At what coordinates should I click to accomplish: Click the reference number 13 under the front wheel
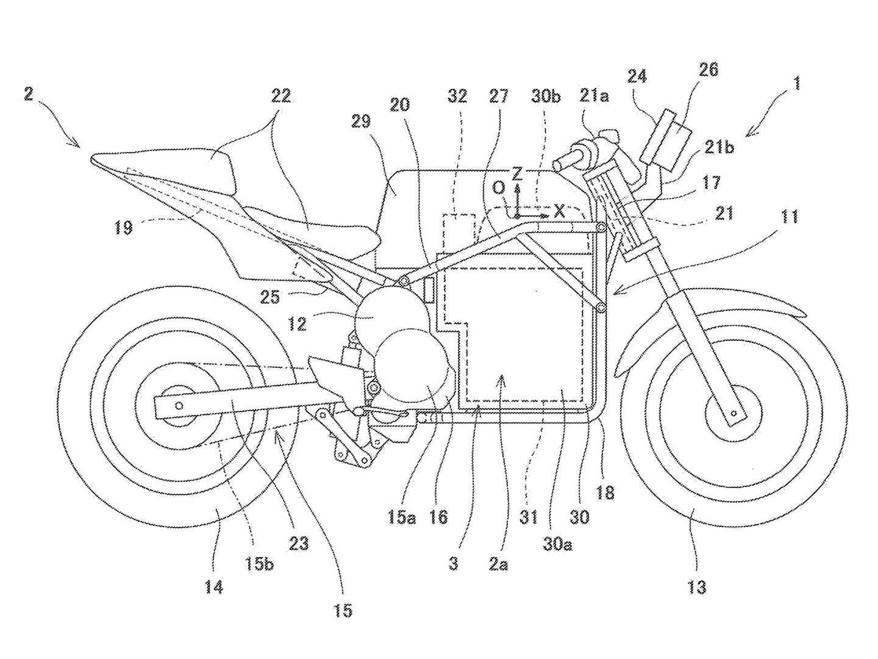[x=696, y=587]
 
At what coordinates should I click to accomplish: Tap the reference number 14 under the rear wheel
[x=213, y=587]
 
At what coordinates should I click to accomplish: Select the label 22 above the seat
[x=282, y=96]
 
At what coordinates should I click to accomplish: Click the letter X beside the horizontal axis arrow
[x=559, y=211]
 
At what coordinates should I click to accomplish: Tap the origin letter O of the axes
[x=499, y=189]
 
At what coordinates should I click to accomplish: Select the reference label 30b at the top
[x=546, y=96]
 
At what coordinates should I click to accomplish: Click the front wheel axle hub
[x=735, y=413]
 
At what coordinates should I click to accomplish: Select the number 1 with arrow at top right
[x=796, y=84]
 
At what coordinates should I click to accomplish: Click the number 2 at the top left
[x=29, y=96]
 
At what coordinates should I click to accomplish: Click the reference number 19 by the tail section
[x=123, y=228]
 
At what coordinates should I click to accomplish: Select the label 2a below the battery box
[x=498, y=564]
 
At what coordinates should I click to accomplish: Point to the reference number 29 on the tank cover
[x=361, y=121]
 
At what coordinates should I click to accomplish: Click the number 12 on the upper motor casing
[x=298, y=323]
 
